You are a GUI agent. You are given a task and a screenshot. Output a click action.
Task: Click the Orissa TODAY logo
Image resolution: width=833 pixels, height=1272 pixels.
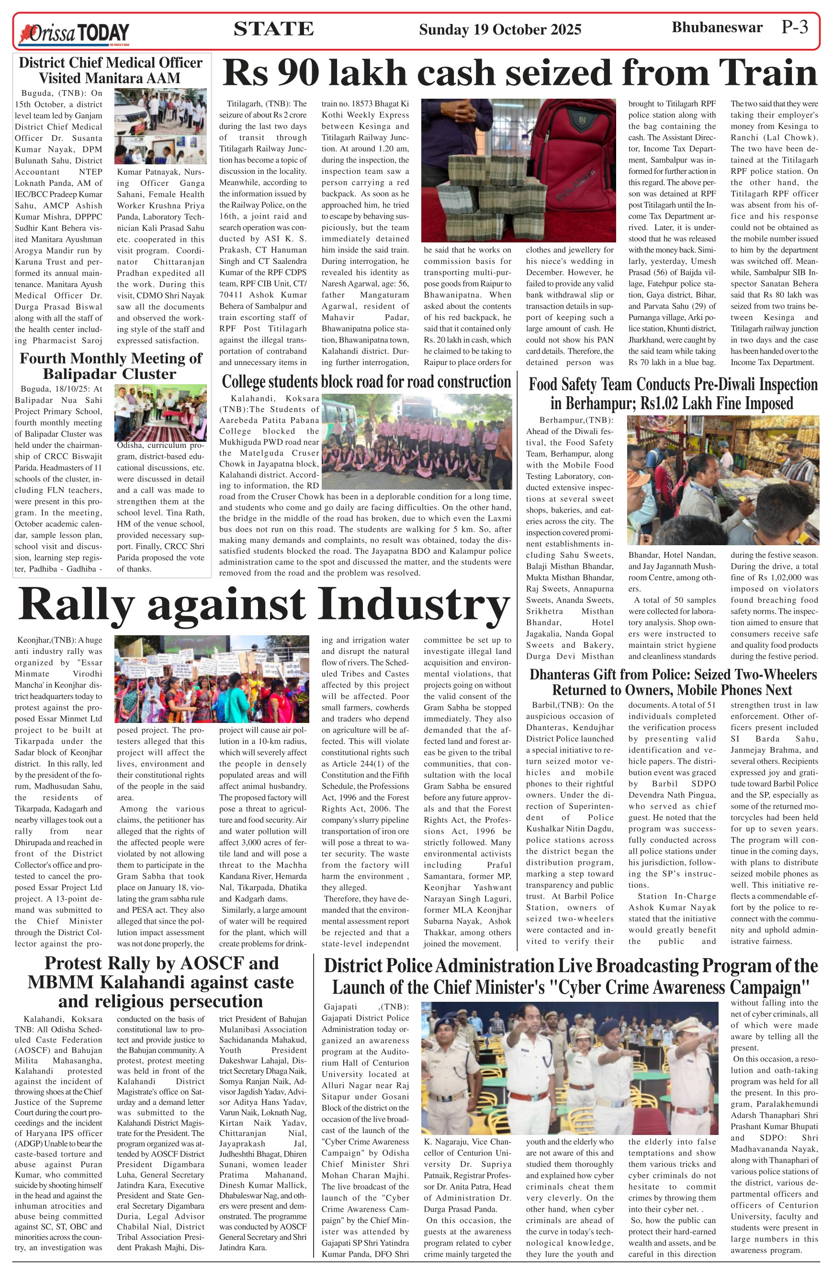pos(75,33)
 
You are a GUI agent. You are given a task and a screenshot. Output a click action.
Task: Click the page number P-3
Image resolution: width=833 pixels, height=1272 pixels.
pos(795,27)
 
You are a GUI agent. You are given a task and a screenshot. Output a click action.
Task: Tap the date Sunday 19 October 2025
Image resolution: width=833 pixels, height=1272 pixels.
pos(500,29)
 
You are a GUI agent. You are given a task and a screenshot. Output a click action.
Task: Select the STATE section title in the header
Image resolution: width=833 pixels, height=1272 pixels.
pos(273,29)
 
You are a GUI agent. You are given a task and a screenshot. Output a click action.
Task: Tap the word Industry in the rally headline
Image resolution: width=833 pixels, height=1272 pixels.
pos(414,604)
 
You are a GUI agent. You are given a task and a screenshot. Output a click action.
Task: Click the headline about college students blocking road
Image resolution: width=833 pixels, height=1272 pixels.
pos(366,381)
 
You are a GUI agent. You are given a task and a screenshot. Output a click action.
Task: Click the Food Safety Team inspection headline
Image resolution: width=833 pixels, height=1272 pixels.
pos(673,393)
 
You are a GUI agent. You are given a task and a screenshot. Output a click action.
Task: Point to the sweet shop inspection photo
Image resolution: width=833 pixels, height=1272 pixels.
pos(723,480)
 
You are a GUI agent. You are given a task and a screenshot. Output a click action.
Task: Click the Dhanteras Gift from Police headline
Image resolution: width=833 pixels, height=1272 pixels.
pos(673,682)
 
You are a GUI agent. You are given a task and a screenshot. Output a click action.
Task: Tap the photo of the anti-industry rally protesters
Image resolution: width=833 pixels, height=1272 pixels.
pos(212,679)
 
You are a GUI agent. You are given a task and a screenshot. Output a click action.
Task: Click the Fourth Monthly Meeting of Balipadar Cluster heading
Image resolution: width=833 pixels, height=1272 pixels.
pos(111,366)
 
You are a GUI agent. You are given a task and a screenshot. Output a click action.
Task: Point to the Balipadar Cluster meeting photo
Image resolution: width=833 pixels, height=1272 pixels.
pos(160,413)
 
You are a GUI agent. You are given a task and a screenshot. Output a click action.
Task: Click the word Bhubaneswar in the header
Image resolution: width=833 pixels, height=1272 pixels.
pos(717,27)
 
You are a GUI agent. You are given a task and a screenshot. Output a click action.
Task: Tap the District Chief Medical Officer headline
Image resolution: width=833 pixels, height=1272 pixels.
pos(111,70)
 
